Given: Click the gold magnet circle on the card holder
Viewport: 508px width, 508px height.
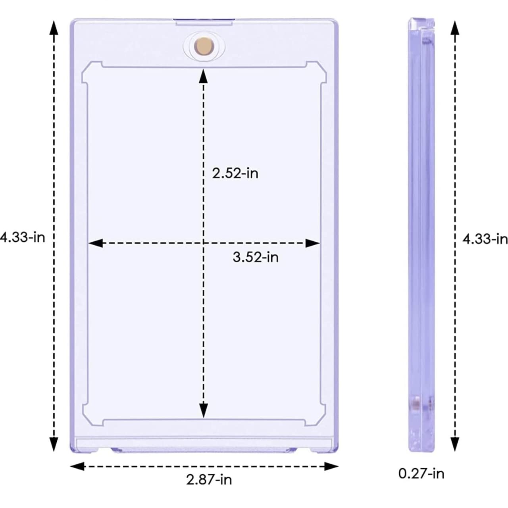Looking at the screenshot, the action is pyautogui.click(x=204, y=46).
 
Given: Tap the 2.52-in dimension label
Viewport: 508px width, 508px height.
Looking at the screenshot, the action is pyautogui.click(x=235, y=173).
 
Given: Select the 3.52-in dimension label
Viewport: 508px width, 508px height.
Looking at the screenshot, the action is pyautogui.click(x=256, y=257).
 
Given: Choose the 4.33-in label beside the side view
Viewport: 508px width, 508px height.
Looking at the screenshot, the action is pyautogui.click(x=485, y=239).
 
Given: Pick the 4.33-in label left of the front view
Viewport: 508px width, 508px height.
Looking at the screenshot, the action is pyautogui.click(x=23, y=237).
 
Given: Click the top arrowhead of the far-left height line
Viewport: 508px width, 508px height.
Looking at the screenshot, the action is pyautogui.click(x=54, y=28).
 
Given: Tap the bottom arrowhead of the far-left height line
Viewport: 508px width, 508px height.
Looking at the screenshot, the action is pyautogui.click(x=54, y=444).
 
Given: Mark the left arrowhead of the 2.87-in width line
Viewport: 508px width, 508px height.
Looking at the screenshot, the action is pyautogui.click(x=77, y=466).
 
